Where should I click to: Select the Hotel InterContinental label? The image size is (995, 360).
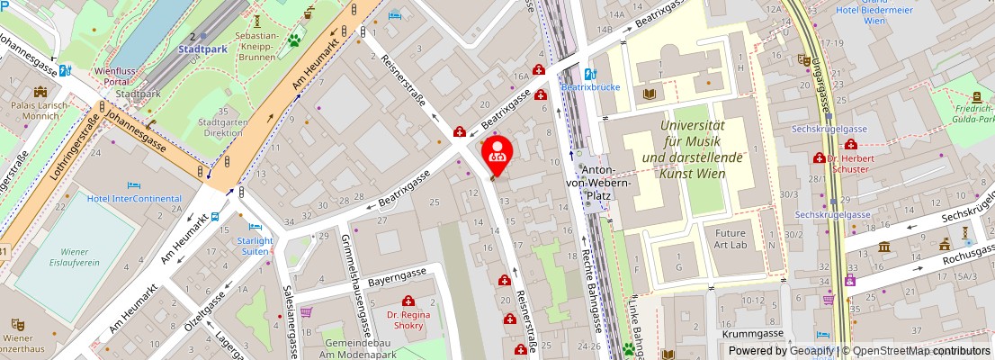coord(134,198)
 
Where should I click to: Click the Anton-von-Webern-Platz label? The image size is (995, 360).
coord(607,190)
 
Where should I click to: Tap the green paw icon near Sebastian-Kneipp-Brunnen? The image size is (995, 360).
coord(293,40)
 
